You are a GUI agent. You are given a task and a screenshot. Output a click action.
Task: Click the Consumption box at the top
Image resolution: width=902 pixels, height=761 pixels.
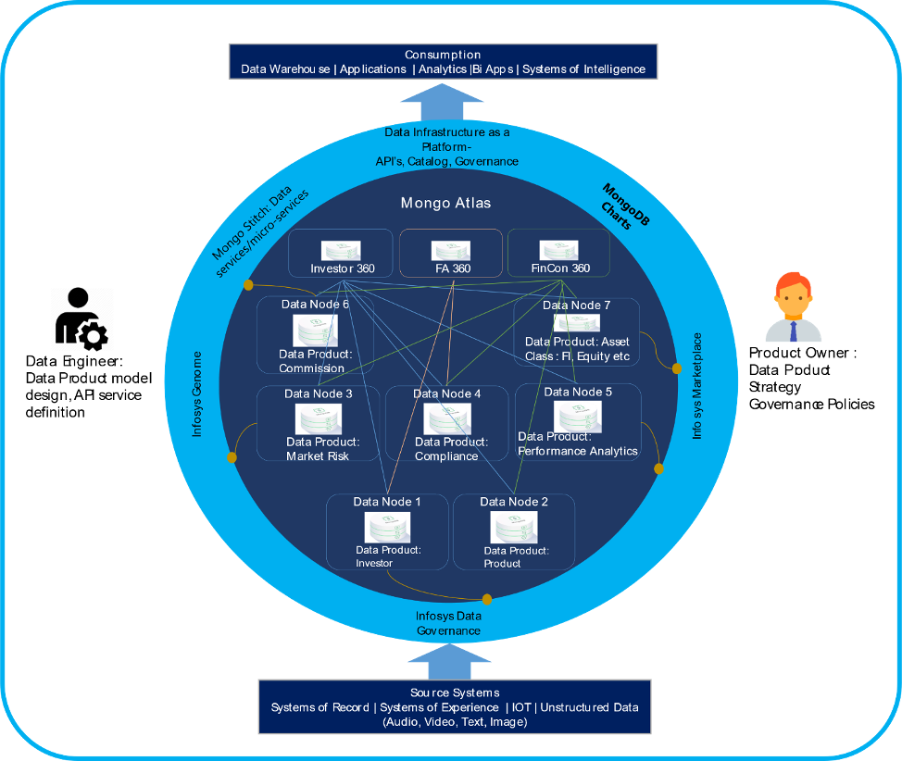pyautogui.click(x=443, y=62)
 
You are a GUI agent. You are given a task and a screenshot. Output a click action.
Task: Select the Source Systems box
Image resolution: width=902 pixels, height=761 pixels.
pyautogui.click(x=454, y=707)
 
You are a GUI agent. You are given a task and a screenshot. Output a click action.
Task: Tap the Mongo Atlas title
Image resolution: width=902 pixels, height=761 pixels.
pyautogui.click(x=445, y=203)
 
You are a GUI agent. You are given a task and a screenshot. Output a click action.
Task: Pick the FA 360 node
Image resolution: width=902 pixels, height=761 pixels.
pyautogui.click(x=451, y=255)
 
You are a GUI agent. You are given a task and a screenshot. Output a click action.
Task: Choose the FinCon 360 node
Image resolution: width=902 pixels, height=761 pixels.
pyautogui.click(x=558, y=255)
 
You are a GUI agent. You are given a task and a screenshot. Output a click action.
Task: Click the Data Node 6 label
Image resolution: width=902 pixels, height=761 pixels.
pyautogui.click(x=316, y=304)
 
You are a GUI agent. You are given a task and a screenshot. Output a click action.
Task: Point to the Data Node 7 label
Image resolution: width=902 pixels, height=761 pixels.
pyautogui.click(x=577, y=305)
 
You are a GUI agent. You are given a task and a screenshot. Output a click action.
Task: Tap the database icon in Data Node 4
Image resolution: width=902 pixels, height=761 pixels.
pyautogui.click(x=447, y=418)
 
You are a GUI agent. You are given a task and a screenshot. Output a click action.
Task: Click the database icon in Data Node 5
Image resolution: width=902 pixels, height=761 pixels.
pyautogui.click(x=577, y=416)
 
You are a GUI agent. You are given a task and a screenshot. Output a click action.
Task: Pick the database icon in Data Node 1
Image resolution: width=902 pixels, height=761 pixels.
pyautogui.click(x=388, y=528)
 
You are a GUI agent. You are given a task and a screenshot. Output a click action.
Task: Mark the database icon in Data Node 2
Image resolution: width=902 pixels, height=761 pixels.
pyautogui.click(x=514, y=528)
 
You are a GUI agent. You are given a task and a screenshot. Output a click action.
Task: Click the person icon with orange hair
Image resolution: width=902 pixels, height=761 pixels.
pyautogui.click(x=793, y=307)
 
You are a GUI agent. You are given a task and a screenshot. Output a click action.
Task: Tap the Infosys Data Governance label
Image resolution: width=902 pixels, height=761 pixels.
pyautogui.click(x=448, y=623)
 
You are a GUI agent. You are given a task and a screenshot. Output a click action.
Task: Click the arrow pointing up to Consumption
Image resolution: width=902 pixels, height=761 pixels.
pyautogui.click(x=445, y=104)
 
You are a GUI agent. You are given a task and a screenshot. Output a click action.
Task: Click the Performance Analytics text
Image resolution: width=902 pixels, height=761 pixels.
pyautogui.click(x=578, y=451)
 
